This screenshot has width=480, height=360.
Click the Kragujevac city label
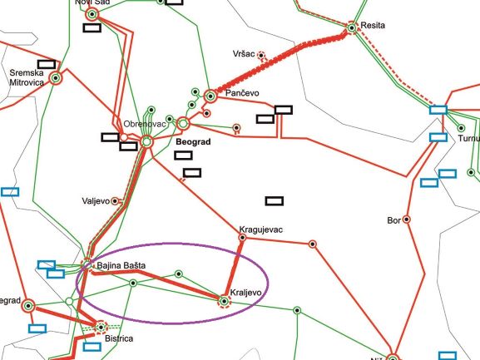[x=261, y=228]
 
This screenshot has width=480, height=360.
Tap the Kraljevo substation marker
[x=223, y=300]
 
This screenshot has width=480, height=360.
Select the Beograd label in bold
[x=195, y=143]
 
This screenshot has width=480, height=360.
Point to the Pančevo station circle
[x=210, y=96]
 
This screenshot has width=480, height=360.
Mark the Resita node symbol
[x=353, y=27]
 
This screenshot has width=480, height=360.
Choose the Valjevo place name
[x=96, y=201]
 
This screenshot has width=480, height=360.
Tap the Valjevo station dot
[x=116, y=201]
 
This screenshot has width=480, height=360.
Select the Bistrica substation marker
[x=101, y=327]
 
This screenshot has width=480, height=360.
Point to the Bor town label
[x=394, y=220]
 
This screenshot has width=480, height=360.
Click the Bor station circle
[x=408, y=220]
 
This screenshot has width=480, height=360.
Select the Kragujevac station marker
[x=242, y=238]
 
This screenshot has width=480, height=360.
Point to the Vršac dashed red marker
[x=261, y=57]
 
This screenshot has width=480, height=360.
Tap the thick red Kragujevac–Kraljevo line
[x=233, y=269]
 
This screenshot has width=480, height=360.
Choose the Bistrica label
[x=121, y=339]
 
